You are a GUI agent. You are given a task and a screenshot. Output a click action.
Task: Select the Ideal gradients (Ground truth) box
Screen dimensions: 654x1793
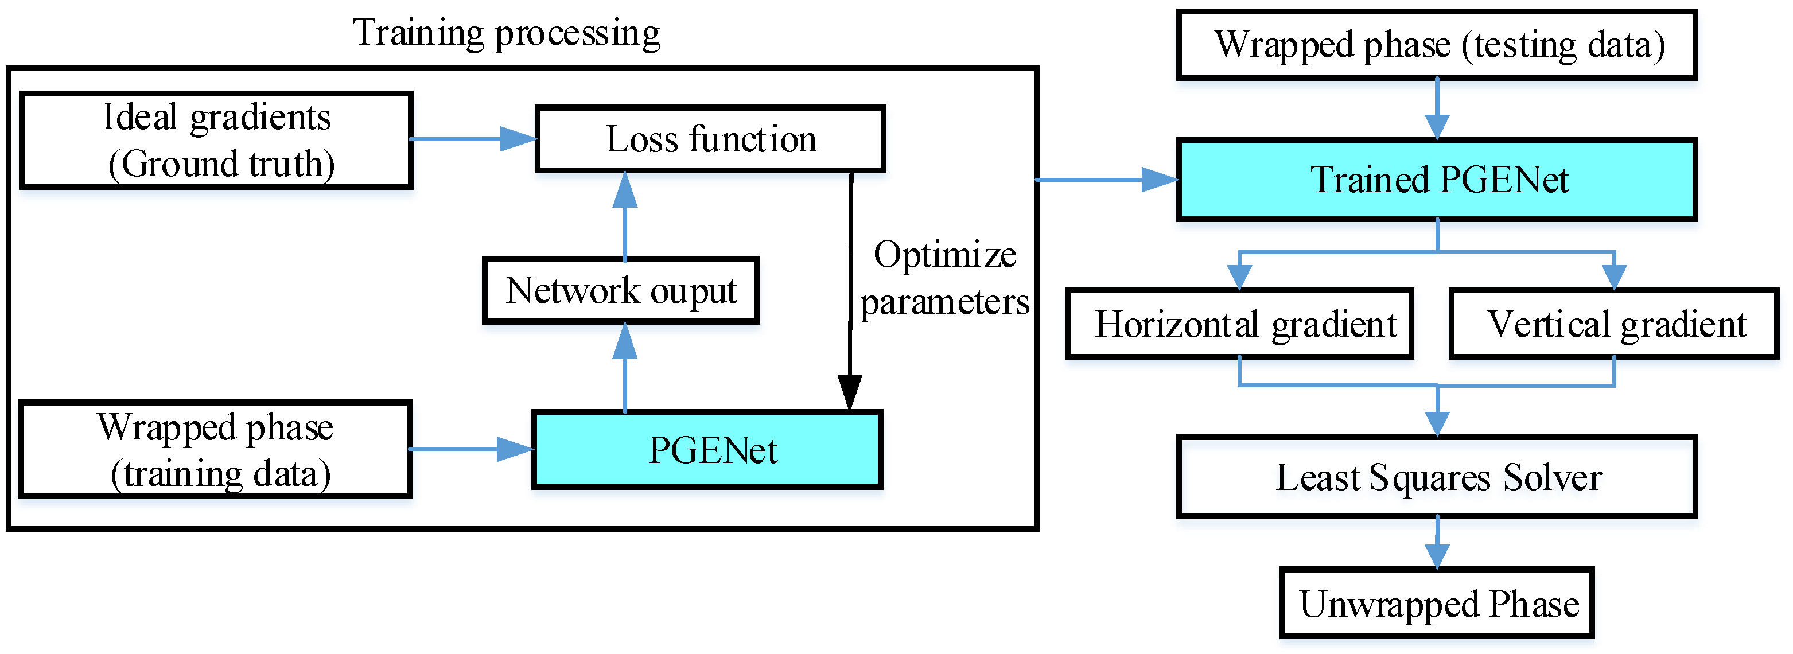point(216,140)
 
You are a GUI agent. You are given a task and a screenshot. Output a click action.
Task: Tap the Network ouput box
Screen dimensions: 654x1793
point(621,290)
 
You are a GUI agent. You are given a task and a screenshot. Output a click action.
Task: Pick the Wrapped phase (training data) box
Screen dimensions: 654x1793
point(215,449)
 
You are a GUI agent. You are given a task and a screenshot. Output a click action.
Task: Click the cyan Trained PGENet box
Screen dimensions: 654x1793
point(1437,180)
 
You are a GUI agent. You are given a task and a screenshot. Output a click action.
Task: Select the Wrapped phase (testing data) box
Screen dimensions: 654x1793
point(1437,45)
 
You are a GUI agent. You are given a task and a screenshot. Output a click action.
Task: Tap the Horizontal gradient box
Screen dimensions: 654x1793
point(1239,324)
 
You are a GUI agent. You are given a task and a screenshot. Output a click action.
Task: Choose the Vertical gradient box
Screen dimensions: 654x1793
point(1613,324)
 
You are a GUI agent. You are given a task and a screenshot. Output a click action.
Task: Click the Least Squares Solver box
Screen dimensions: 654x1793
point(1437,477)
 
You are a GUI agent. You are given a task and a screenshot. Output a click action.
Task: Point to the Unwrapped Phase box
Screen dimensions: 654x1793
point(1437,603)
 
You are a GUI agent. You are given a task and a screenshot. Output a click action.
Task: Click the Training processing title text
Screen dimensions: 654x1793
point(506,33)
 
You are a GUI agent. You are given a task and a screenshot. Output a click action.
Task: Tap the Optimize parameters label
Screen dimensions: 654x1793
point(944,278)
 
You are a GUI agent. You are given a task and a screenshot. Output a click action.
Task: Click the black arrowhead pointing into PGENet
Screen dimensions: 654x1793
point(849,392)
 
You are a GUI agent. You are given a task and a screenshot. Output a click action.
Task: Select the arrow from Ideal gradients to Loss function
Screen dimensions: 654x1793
point(473,139)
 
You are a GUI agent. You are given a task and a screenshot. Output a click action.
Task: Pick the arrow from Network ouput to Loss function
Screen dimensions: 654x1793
point(625,216)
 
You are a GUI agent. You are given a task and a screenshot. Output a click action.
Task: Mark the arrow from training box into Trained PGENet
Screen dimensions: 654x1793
point(1107,180)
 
